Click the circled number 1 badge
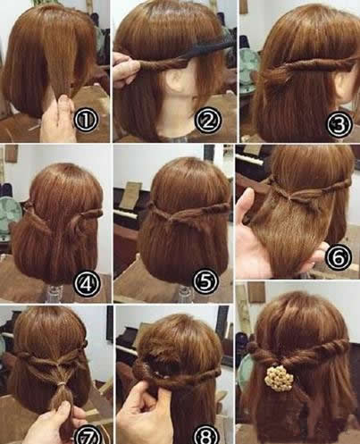click(86, 119)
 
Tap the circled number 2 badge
click(208, 120)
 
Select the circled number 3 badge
click(339, 124)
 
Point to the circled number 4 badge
click(87, 284)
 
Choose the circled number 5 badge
click(205, 281)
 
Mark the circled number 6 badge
click(339, 256)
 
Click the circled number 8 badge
click(206, 435)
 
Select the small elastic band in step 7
click(62, 384)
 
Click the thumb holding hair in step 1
click(65, 105)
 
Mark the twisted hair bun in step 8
click(142, 369)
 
